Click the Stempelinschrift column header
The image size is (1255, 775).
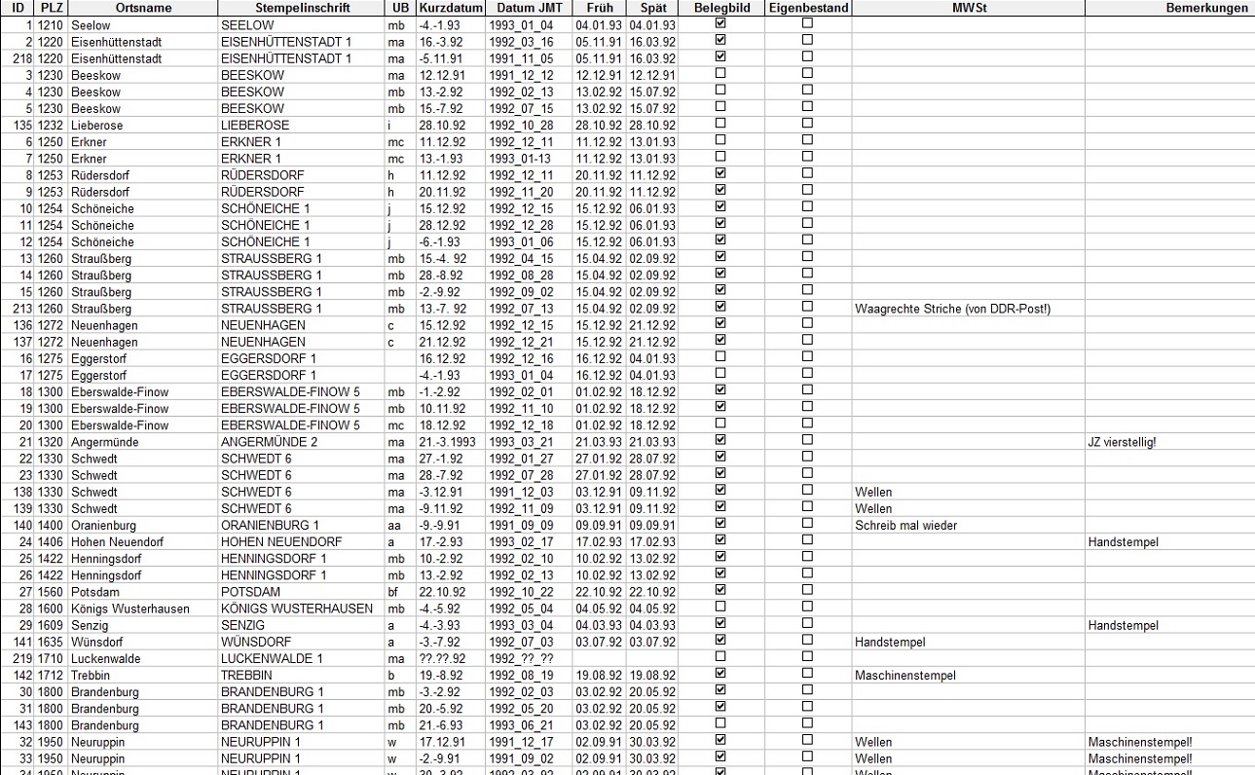(x=299, y=8)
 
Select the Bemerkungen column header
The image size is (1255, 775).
(x=1210, y=8)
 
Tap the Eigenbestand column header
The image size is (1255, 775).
(x=808, y=8)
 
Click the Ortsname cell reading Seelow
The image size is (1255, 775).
(x=91, y=24)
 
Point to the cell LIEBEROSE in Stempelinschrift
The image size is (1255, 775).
(x=255, y=126)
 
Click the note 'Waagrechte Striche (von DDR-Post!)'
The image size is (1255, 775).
(x=953, y=309)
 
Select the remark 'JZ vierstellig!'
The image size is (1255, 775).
(x=1122, y=442)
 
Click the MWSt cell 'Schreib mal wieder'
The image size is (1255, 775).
(x=905, y=526)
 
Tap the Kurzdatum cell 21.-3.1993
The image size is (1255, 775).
(x=449, y=442)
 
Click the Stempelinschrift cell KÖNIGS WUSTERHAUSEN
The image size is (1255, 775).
(x=297, y=609)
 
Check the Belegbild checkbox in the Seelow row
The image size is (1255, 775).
(x=720, y=23)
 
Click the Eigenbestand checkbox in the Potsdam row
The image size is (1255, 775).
(x=807, y=591)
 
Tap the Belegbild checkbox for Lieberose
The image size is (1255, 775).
(x=720, y=124)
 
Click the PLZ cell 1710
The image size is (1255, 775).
(x=50, y=659)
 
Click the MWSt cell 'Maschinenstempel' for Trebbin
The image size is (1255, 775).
(x=905, y=676)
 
